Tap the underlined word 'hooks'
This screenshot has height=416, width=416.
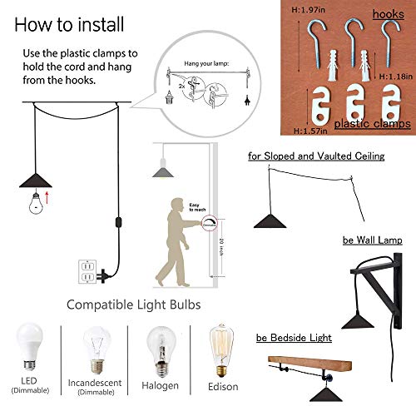[x=389, y=14]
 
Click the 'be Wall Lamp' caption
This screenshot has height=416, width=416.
[x=372, y=240]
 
